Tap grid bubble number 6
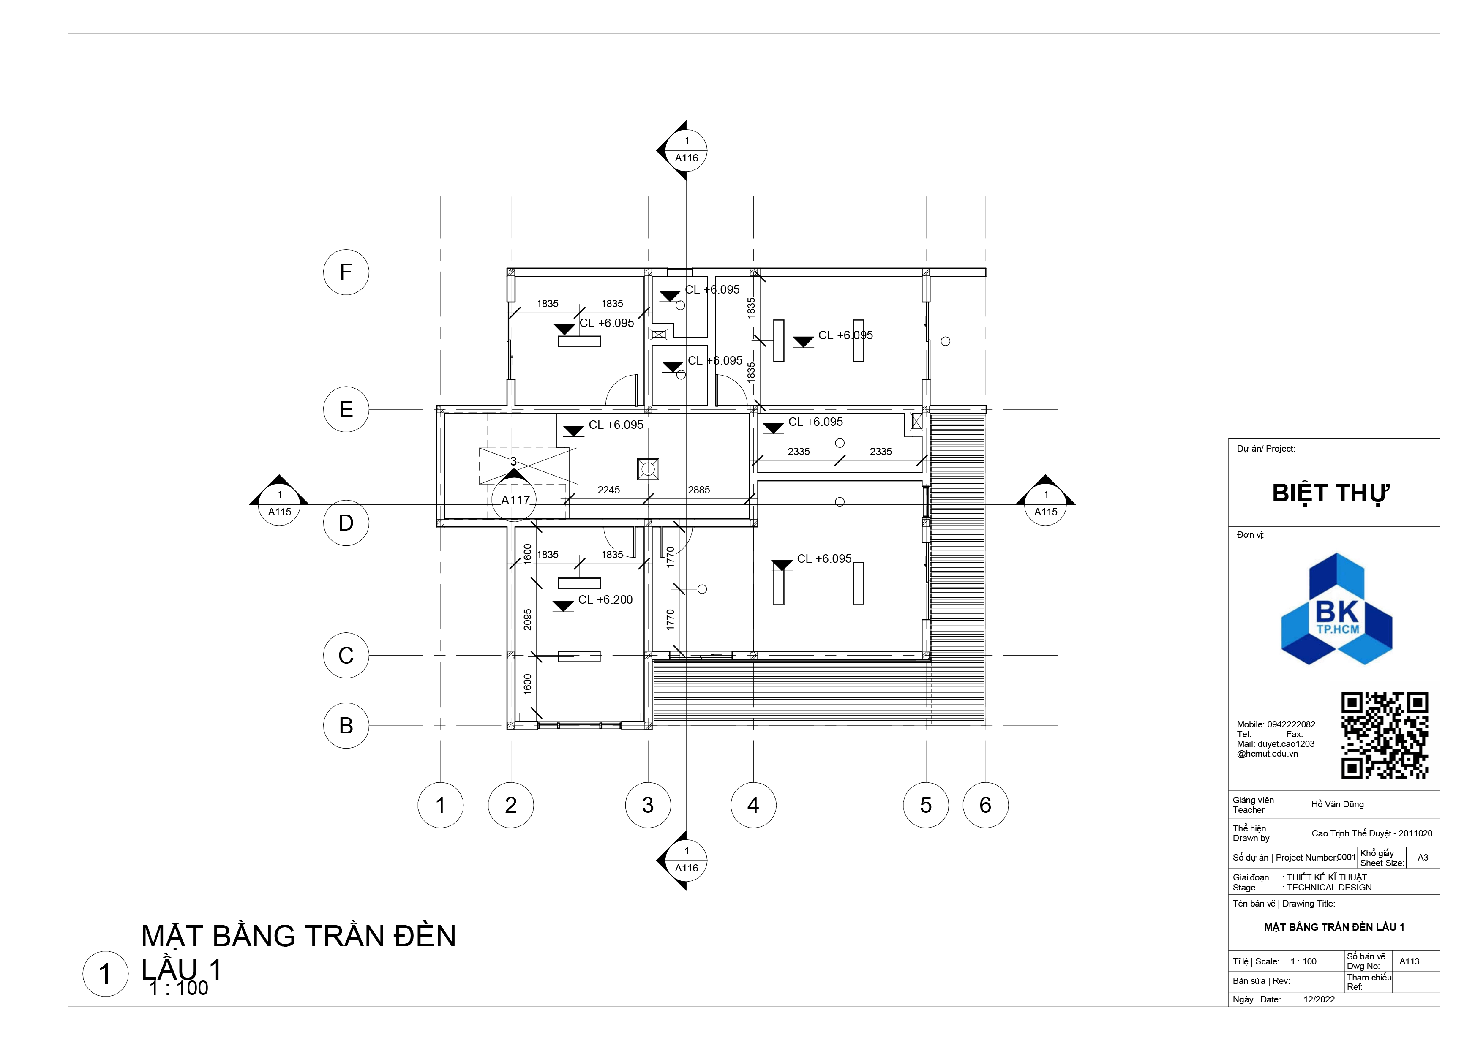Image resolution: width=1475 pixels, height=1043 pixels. [x=985, y=805]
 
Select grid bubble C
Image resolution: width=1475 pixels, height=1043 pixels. [x=346, y=656]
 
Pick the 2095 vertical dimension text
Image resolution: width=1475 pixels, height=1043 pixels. [x=527, y=620]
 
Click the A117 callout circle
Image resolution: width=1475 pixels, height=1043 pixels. [x=515, y=500]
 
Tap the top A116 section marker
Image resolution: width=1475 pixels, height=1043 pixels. [x=685, y=150]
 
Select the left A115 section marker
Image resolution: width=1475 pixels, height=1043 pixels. [x=279, y=504]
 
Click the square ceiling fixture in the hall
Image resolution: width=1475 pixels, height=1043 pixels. [x=648, y=469]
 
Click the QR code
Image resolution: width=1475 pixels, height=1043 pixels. [x=1385, y=736]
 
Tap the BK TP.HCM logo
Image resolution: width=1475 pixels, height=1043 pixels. [x=1337, y=609]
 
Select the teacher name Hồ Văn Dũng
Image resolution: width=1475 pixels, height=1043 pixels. [x=1338, y=804]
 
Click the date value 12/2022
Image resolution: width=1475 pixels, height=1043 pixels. [x=1319, y=999]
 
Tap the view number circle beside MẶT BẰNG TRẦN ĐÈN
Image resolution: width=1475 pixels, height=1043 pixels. [x=105, y=974]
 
